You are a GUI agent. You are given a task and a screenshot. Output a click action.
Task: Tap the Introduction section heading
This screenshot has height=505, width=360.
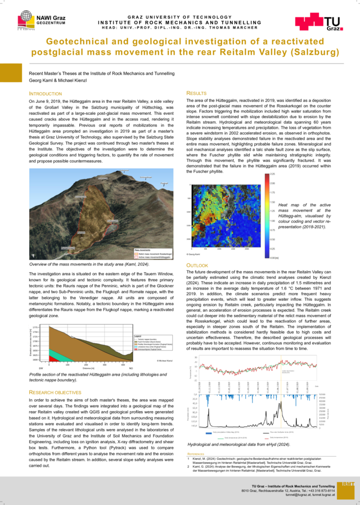49,93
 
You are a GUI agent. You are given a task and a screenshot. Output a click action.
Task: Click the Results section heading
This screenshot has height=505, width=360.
196,93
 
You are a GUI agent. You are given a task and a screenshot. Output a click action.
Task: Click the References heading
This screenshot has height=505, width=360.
196,453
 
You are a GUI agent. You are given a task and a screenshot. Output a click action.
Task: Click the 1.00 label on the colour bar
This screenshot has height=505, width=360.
272,220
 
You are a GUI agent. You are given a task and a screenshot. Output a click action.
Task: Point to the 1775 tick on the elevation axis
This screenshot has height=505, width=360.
35,327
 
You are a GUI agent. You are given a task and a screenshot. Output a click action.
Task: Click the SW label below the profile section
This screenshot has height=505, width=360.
40,368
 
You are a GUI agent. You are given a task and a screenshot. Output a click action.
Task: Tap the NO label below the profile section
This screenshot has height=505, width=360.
130,368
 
